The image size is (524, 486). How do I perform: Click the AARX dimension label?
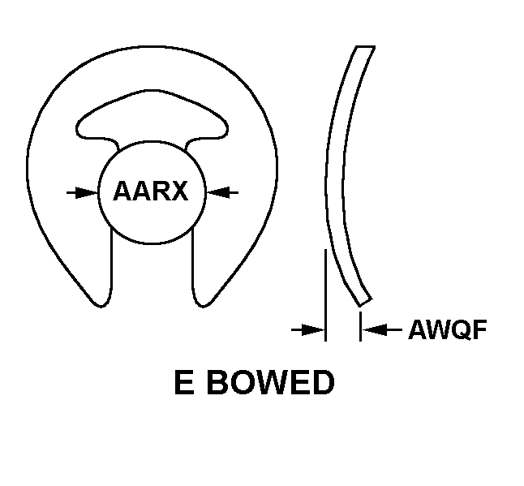coord(151,191)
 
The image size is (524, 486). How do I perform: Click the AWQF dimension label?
coord(448,329)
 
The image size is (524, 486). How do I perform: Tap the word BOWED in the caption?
coord(271,382)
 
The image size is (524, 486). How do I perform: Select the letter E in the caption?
coord(184,382)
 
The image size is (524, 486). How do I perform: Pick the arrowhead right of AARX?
coord(218,192)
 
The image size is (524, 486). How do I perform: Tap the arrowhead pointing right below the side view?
coord(313,329)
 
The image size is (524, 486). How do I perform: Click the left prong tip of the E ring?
coord(101,305)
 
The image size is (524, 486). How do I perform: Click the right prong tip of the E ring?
coord(203,305)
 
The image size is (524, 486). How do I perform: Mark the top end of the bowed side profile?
coord(365,47)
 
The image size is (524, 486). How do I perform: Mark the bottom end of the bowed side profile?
coord(366,303)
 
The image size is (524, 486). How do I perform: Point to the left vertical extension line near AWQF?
coord(325,295)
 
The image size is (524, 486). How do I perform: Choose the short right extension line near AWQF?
coord(360,326)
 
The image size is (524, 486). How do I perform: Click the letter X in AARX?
coord(178,191)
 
